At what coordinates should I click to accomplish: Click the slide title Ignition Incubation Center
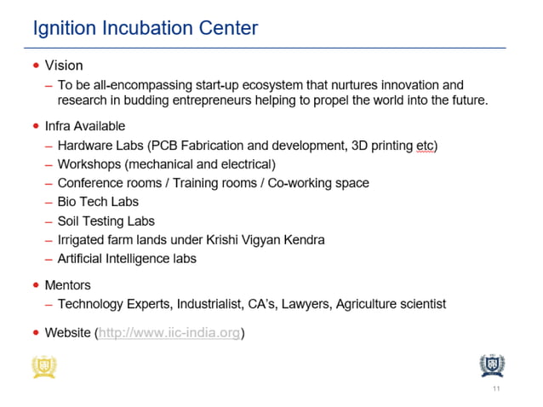click(145, 28)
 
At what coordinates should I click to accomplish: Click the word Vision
click(64, 66)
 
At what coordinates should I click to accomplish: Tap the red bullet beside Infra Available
click(36, 126)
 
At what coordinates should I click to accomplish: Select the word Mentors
click(67, 285)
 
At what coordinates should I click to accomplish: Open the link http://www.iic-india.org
click(169, 333)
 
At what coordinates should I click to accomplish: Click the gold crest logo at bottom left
click(43, 365)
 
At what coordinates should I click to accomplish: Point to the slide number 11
click(495, 389)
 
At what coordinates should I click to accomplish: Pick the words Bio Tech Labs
click(98, 202)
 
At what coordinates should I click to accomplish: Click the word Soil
click(70, 221)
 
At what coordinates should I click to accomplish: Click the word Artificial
click(83, 258)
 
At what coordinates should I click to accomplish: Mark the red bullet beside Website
click(36, 333)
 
